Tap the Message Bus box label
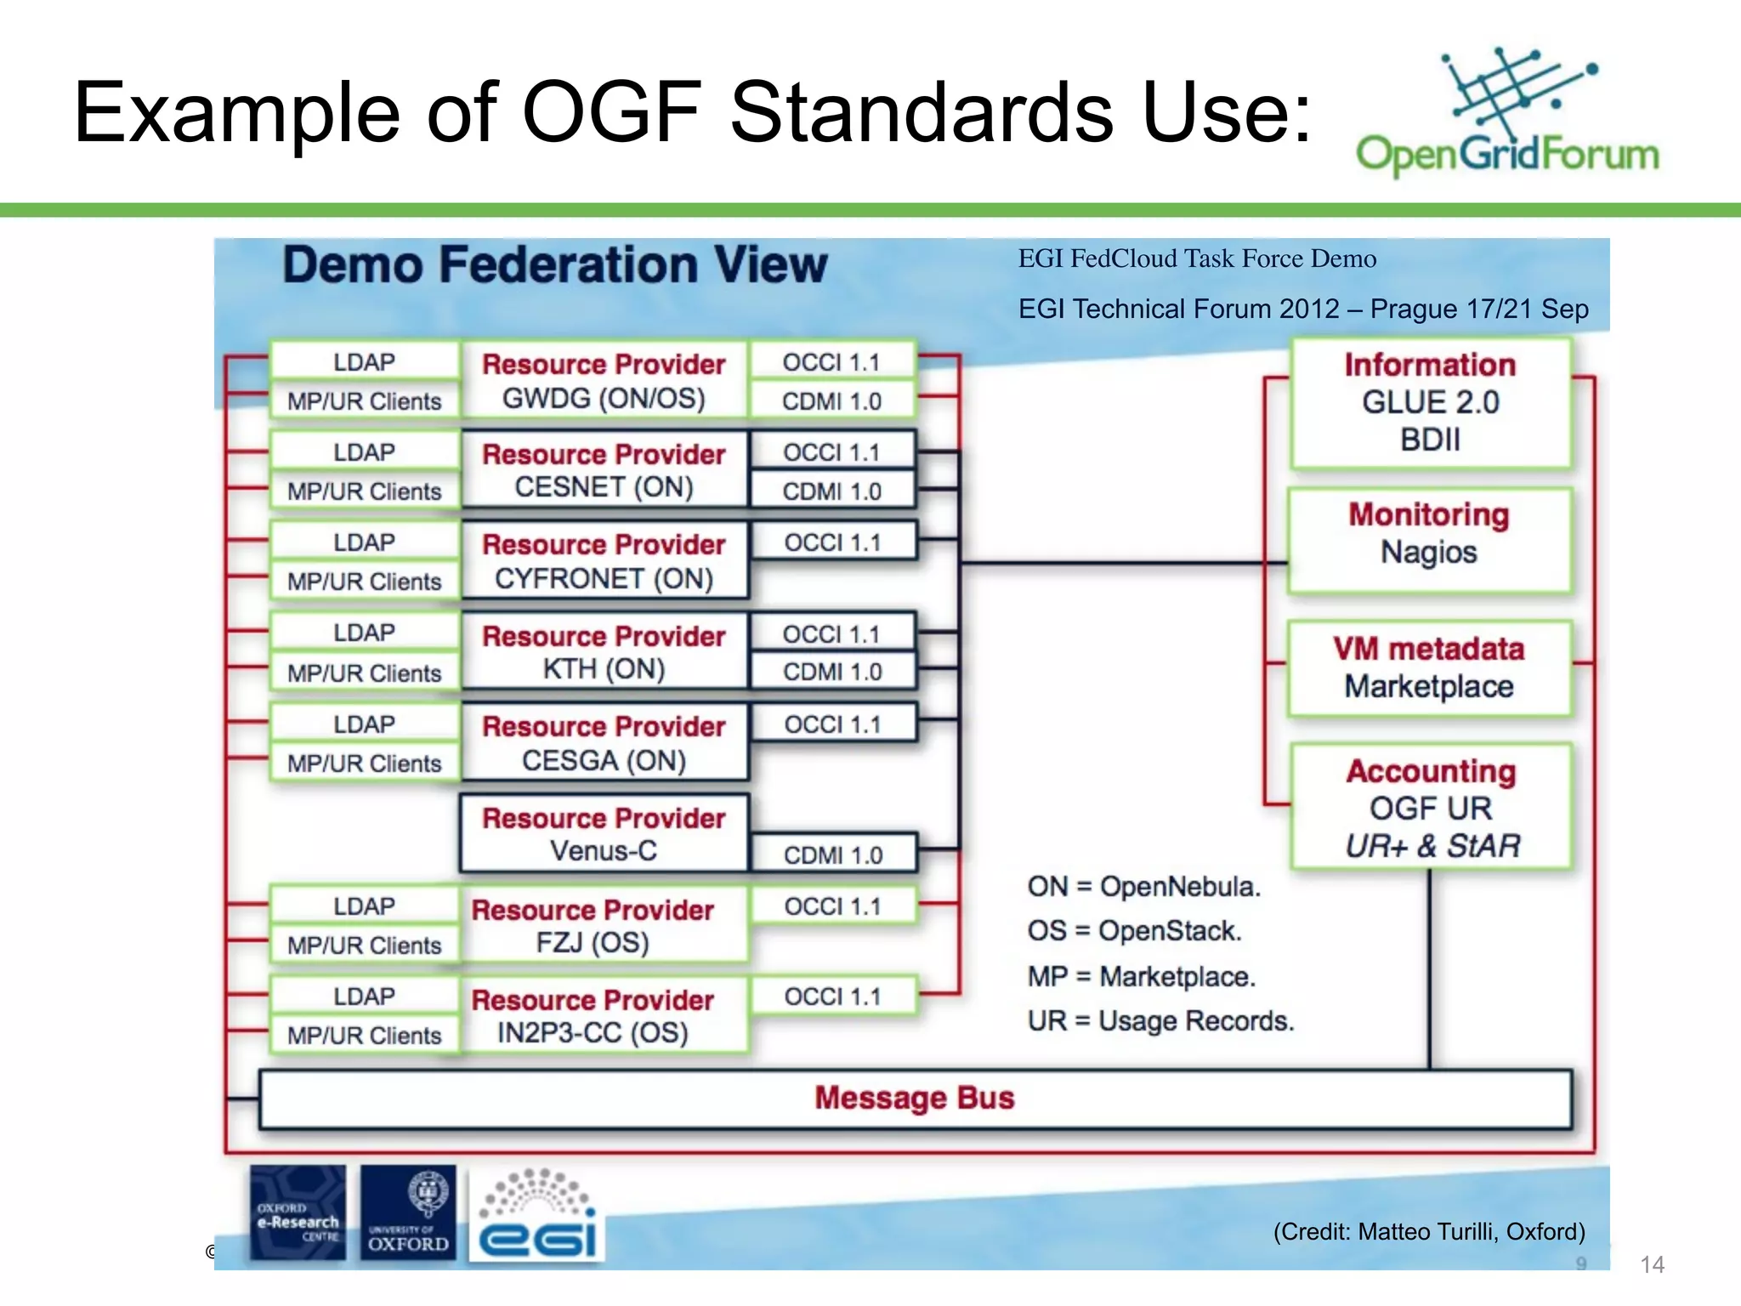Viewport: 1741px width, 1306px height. (915, 1098)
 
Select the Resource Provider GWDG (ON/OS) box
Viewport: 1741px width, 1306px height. (604, 380)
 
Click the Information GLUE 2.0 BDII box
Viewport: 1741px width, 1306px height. (1430, 402)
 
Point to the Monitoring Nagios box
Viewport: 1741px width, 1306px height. (1429, 535)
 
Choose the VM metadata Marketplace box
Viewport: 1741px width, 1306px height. (1429, 668)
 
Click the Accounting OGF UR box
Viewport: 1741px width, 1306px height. (1432, 807)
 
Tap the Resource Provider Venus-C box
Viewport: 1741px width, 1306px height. (604, 833)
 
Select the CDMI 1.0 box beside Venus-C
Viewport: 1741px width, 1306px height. (833, 855)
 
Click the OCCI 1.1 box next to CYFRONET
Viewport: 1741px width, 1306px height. (833, 542)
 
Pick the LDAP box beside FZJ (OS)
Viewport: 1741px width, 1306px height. (364, 906)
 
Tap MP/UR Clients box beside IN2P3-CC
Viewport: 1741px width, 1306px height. (364, 1036)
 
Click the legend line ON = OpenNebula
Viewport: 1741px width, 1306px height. (1143, 887)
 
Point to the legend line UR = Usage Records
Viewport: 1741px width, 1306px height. (1160, 1020)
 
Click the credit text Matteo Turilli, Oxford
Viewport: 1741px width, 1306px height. (1429, 1231)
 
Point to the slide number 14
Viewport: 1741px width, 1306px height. (1651, 1264)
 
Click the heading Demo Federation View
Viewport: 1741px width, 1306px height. (554, 264)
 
